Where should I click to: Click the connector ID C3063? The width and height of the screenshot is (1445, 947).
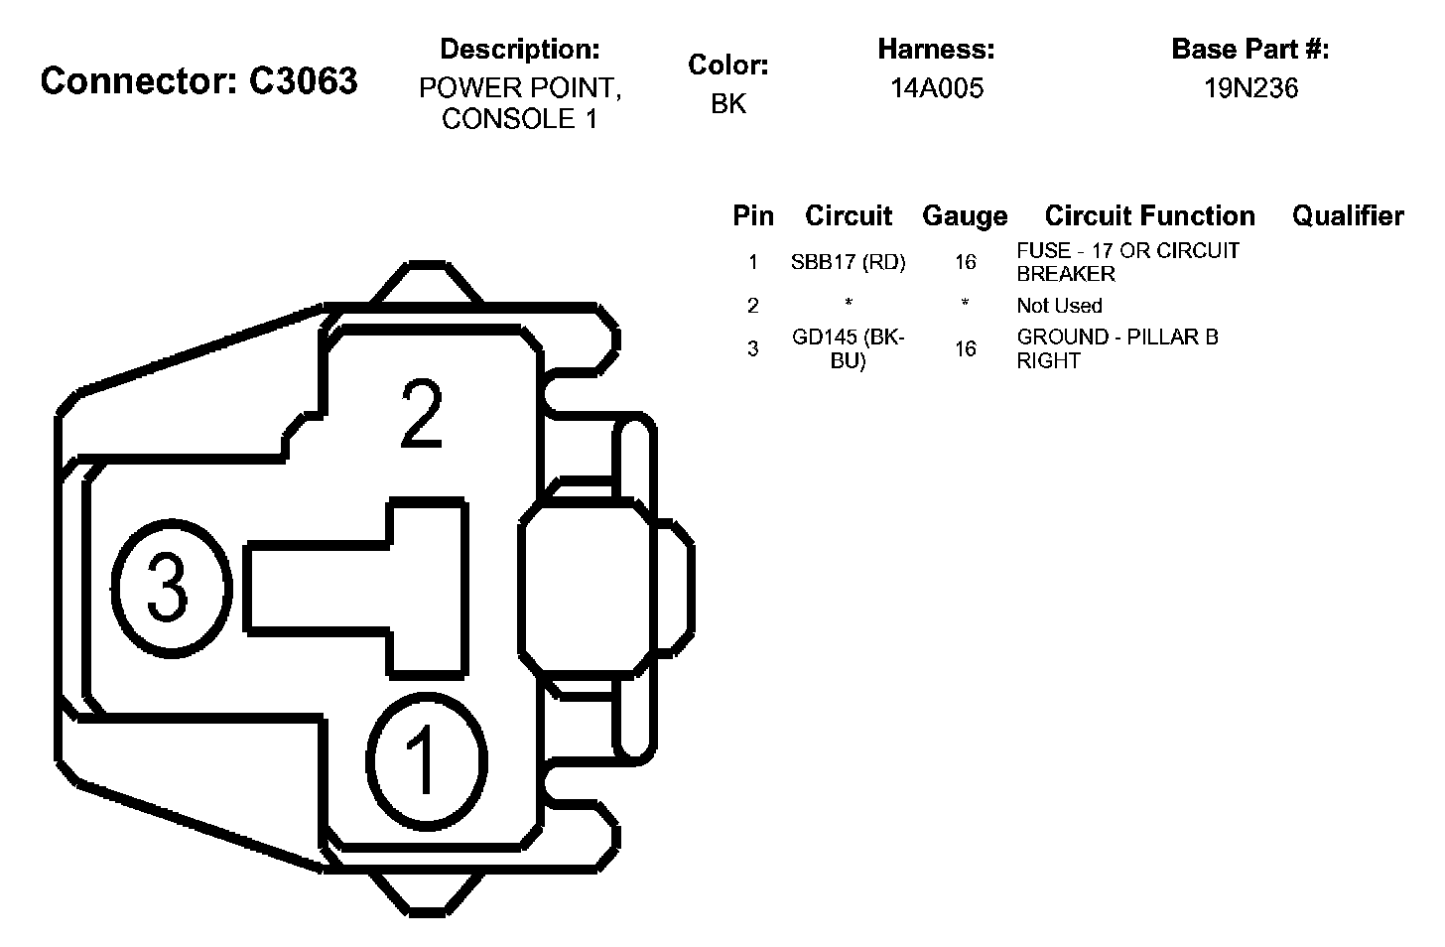tap(304, 81)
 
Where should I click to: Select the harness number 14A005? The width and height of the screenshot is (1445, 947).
tap(937, 88)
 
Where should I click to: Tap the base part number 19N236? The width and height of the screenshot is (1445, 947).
tap(1250, 88)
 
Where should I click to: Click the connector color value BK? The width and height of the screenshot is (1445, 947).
tap(728, 104)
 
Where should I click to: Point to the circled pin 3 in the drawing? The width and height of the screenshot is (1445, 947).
tap(171, 589)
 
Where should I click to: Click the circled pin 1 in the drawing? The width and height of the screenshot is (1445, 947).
tap(427, 761)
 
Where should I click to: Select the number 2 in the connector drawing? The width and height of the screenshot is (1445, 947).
tap(422, 413)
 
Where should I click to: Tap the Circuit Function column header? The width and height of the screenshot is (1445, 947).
tap(1149, 216)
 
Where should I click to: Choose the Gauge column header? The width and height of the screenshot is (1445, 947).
tap(965, 216)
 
